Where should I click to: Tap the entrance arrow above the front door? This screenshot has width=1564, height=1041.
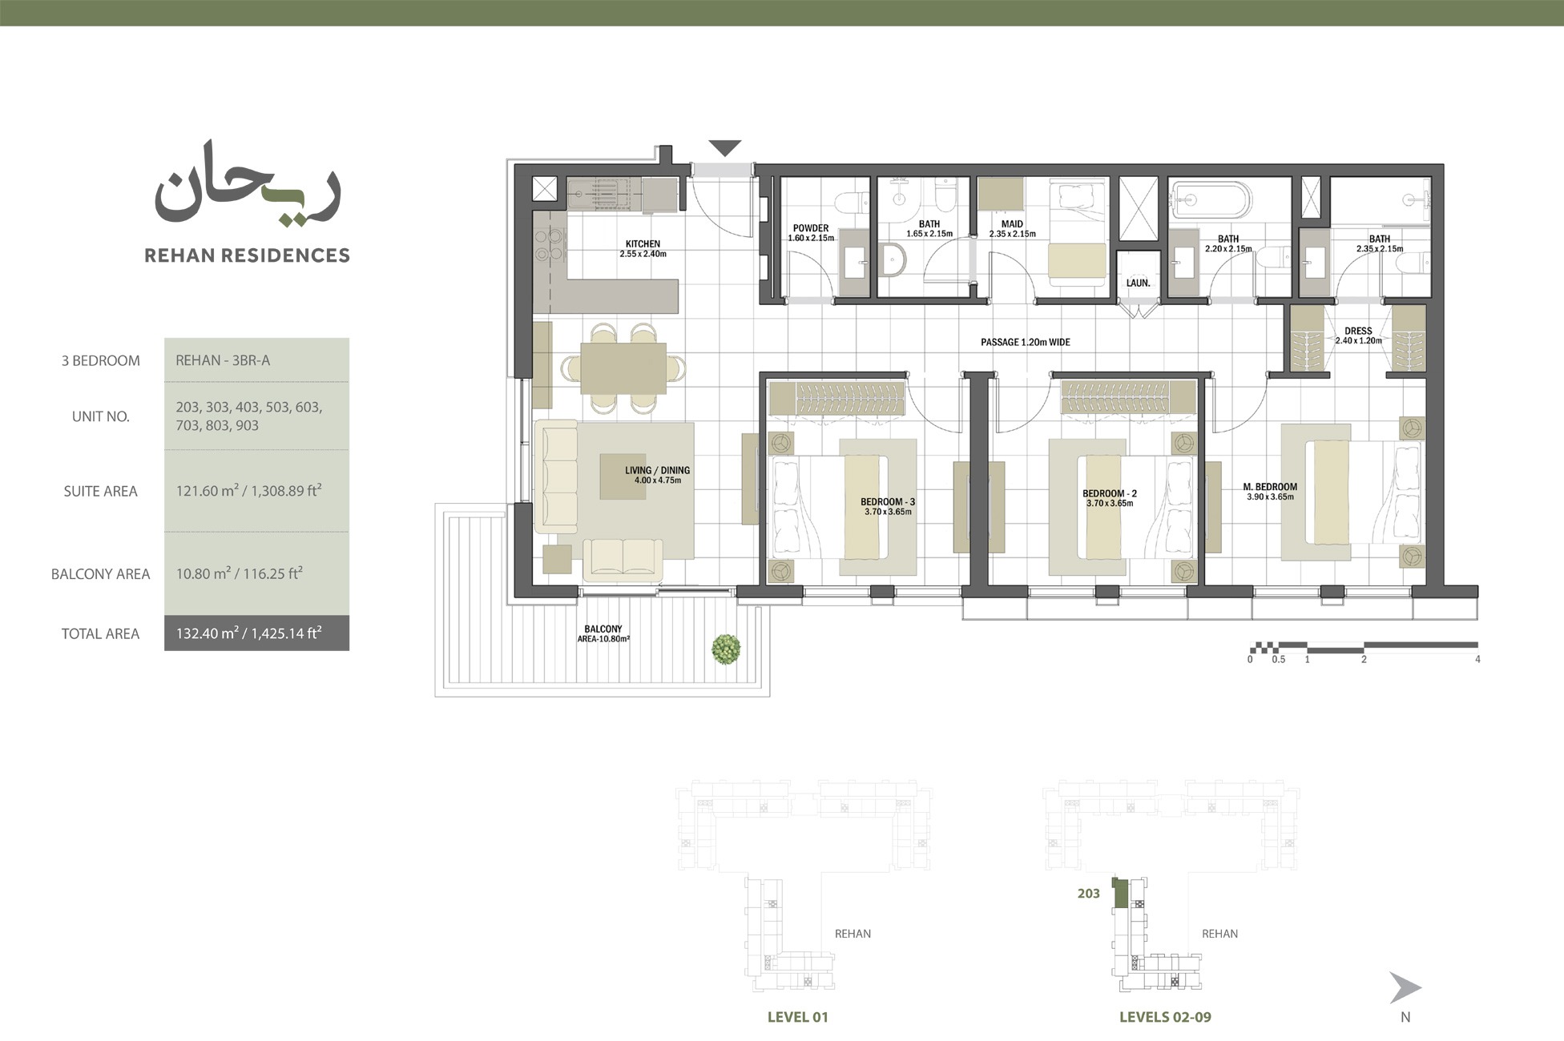(725, 148)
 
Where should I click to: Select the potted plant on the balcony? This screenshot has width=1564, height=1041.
(726, 649)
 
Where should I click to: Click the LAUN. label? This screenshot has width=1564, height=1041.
(1138, 283)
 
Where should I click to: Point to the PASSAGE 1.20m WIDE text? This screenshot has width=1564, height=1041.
(1025, 342)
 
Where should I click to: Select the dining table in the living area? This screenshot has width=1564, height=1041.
(623, 368)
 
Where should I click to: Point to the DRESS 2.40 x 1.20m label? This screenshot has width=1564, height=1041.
(1358, 335)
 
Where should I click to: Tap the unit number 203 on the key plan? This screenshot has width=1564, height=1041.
(1088, 894)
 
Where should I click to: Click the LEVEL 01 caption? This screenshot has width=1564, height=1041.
(797, 1017)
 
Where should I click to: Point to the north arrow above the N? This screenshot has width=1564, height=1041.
(1404, 988)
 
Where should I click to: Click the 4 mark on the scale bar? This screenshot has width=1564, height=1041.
(1477, 660)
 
